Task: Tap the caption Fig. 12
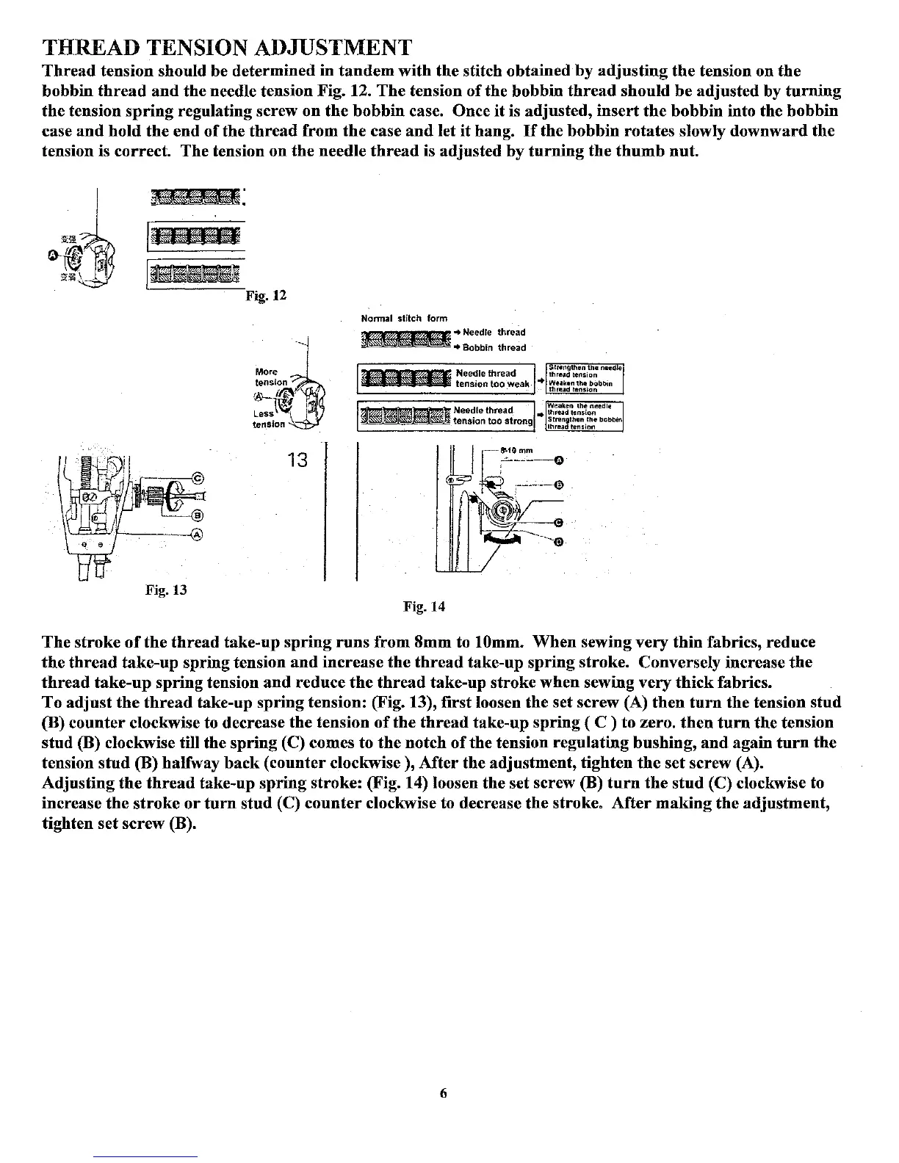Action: click(266, 296)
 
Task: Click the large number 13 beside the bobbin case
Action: click(297, 461)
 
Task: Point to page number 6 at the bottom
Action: click(443, 1093)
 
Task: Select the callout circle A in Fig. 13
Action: click(195, 535)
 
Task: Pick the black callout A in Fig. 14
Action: click(558, 460)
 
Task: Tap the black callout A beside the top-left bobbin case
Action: click(52, 254)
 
